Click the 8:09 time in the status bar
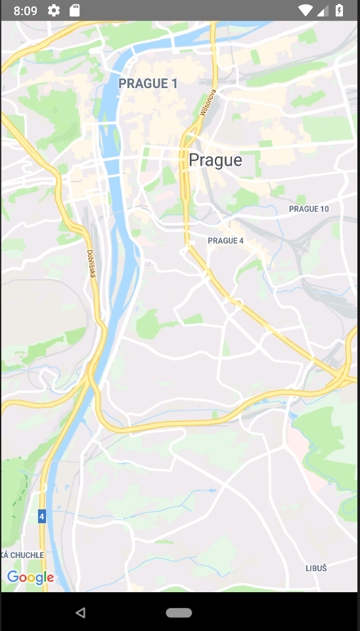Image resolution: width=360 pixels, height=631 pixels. (25, 11)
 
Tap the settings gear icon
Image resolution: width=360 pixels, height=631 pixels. (54, 11)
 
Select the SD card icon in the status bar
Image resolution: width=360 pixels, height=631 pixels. (74, 11)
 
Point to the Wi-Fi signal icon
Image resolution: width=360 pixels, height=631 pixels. (305, 11)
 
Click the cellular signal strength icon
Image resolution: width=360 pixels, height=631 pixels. (323, 11)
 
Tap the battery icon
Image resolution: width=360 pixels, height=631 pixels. (339, 11)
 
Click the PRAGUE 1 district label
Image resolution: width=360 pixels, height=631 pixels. (148, 83)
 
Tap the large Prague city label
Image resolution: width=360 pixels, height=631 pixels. (215, 160)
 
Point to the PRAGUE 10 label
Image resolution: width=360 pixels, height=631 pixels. (309, 209)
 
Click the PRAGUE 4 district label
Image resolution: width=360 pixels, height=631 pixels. (225, 241)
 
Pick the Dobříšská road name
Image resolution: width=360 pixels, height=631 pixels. (92, 263)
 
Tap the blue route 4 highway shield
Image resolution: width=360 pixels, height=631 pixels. (42, 517)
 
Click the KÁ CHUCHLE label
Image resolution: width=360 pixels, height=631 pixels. (23, 555)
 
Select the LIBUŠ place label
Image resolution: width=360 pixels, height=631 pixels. (316, 568)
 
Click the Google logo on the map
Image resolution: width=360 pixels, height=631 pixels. (30, 578)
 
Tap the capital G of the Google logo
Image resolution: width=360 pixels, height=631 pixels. (12, 577)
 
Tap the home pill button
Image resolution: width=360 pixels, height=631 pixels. (179, 613)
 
